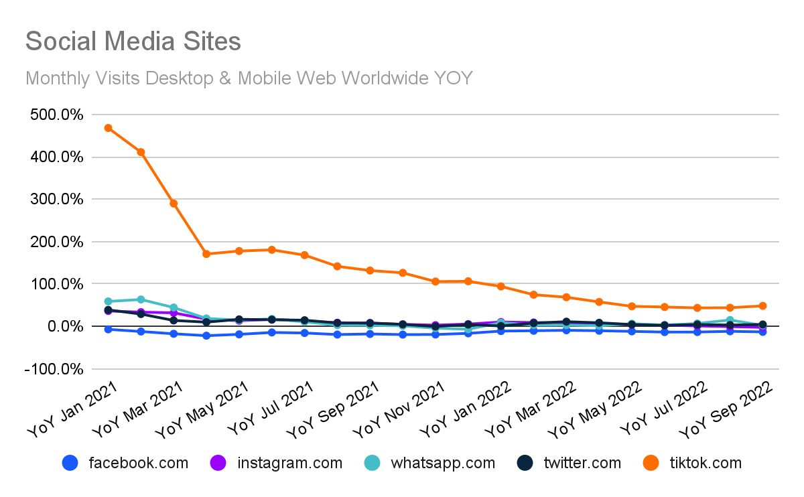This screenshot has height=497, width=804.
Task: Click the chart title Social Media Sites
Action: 133,42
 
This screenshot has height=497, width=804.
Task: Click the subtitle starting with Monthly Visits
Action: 249,78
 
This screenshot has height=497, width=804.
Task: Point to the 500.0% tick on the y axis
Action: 56,115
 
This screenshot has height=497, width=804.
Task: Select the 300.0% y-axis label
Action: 56,200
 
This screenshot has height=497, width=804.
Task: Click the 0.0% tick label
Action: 64,326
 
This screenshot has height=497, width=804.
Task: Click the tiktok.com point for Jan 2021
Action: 108,128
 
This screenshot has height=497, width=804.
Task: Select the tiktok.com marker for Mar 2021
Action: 174,203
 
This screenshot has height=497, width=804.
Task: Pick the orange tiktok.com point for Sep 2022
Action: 762,306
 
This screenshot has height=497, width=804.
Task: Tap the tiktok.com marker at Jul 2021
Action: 304,255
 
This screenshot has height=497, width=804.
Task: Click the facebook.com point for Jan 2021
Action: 108,329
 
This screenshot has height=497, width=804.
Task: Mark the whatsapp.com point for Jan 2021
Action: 108,301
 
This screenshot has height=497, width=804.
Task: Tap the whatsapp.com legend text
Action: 443,463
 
